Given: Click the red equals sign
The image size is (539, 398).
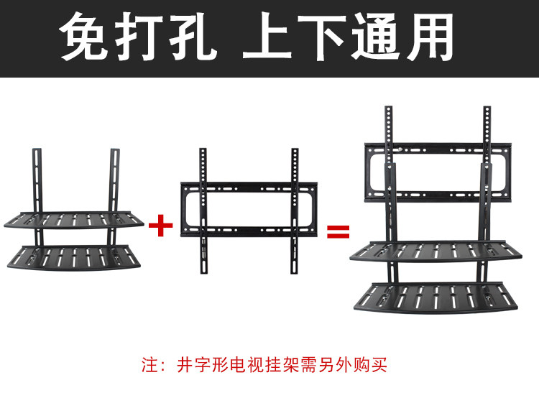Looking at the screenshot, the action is coord(338,231).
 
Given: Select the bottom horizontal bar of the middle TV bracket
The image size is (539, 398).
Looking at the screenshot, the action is coord(249,231).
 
